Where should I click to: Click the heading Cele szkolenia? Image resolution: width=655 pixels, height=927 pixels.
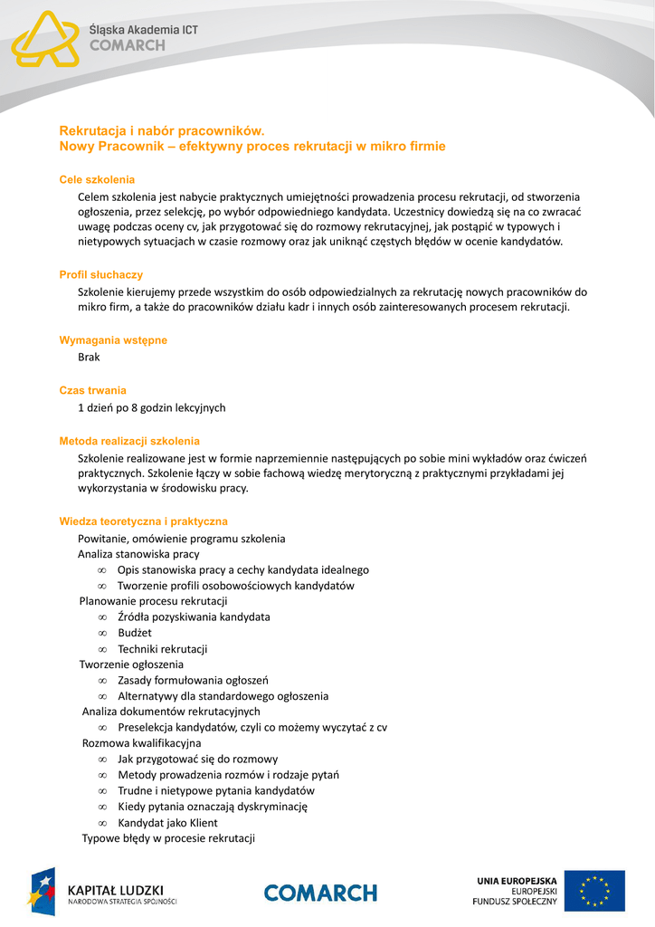(97, 179)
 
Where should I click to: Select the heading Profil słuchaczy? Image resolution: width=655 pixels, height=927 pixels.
(100, 274)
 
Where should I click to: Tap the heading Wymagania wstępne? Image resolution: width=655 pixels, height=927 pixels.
(113, 340)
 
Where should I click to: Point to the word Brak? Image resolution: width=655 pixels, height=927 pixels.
(89, 357)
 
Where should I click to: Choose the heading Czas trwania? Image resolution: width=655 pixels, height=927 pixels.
(92, 390)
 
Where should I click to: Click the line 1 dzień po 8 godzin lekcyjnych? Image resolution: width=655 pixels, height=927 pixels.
(151, 407)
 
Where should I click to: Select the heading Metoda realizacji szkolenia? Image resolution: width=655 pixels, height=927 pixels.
(129, 441)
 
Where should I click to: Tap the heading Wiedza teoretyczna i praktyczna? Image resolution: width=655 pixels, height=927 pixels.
(143, 521)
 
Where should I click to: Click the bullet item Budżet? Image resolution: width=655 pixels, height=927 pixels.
(135, 633)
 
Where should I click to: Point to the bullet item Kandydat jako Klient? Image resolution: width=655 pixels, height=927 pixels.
(167, 823)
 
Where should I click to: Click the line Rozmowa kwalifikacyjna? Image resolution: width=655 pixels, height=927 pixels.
(141, 743)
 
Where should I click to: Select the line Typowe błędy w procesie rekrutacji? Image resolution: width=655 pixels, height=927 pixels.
(168, 838)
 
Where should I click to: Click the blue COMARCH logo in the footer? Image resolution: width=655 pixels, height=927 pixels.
(320, 893)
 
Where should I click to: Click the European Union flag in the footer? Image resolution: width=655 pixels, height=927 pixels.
(594, 891)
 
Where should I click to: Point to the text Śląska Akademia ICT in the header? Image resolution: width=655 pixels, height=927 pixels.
(143, 30)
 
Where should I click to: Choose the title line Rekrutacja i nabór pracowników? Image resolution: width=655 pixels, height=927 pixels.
(161, 131)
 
